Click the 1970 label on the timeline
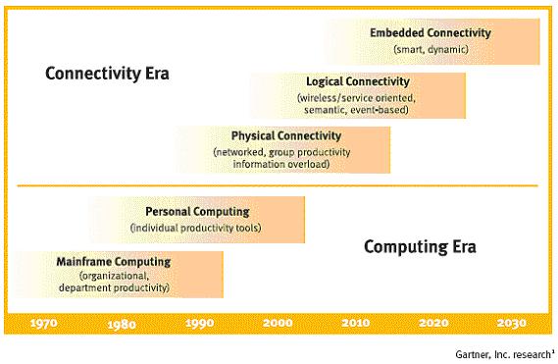pyautogui.click(x=44, y=324)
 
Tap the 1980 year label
pyautogui.click(x=122, y=324)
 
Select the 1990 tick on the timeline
pyautogui.click(x=200, y=324)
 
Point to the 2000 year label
pyautogui.click(x=278, y=323)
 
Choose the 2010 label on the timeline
pyautogui.click(x=356, y=323)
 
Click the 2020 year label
pyautogui.click(x=433, y=323)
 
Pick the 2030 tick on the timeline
pyautogui.click(x=511, y=323)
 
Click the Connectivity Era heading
pyautogui.click(x=107, y=74)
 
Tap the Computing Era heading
pyautogui.click(x=420, y=247)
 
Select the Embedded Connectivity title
pyautogui.click(x=431, y=32)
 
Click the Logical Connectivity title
pyautogui.click(x=358, y=81)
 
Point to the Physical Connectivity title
pyautogui.click(x=286, y=135)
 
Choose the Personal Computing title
pyautogui.click(x=197, y=212)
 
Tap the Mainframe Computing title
pyautogui.click(x=114, y=262)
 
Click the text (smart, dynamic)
pyautogui.click(x=431, y=49)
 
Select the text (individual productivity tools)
pyautogui.click(x=196, y=228)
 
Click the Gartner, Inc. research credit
pyautogui.click(x=505, y=354)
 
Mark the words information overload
pyautogui.click(x=281, y=164)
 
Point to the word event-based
pyautogui.click(x=380, y=110)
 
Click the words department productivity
pyautogui.click(x=114, y=287)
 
